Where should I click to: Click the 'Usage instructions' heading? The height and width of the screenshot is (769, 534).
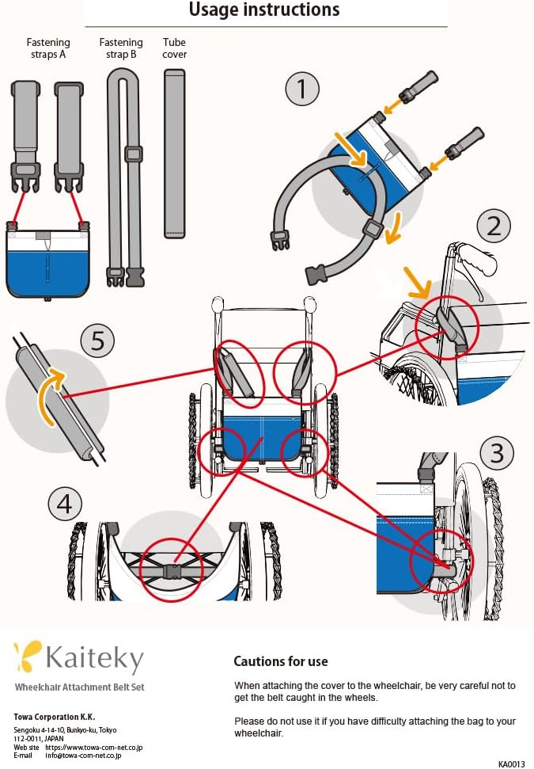[264, 10]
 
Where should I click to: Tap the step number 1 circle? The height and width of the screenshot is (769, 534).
[301, 89]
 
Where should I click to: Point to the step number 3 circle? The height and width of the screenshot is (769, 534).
[497, 453]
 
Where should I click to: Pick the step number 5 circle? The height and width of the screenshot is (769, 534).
[97, 341]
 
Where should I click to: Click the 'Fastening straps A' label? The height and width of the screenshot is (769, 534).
[48, 48]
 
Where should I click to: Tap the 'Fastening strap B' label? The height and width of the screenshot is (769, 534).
[121, 48]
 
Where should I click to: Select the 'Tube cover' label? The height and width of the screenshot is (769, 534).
[174, 48]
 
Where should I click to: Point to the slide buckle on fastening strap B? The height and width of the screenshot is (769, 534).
[134, 154]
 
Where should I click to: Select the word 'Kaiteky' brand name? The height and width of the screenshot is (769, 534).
[95, 659]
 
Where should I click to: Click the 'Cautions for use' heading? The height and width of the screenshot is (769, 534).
[280, 661]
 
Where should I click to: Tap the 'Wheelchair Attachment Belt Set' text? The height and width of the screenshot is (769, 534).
[79, 687]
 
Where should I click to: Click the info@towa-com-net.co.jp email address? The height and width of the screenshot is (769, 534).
[83, 756]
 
